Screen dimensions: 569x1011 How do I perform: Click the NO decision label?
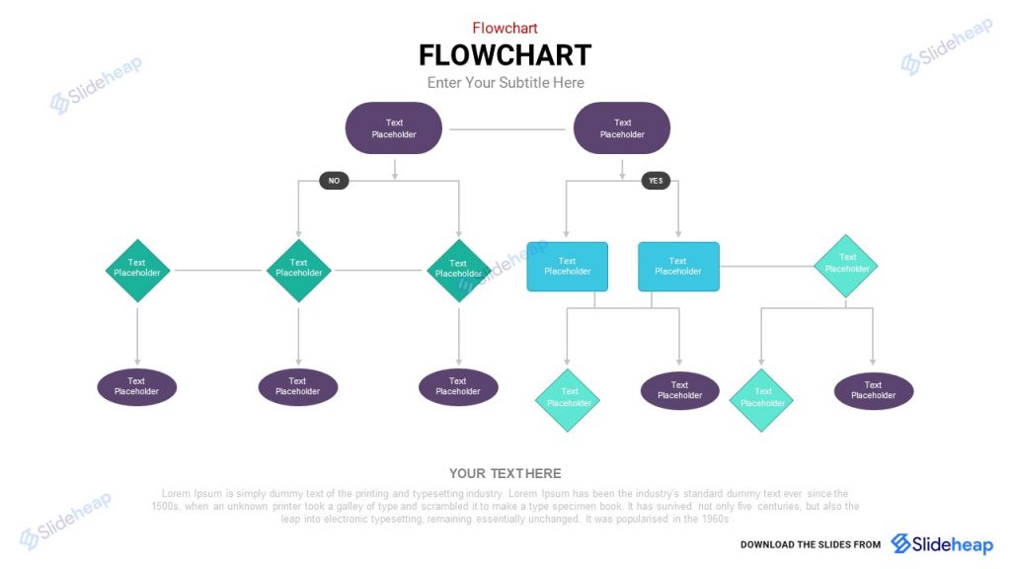[x=334, y=181]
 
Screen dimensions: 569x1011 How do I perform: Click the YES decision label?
[x=656, y=181]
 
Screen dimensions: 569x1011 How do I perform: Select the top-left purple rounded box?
[x=393, y=128]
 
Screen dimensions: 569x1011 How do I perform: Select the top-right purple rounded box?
[x=622, y=128]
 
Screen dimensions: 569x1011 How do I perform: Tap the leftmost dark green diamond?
[x=137, y=270]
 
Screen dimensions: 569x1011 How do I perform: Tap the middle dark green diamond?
[x=298, y=270]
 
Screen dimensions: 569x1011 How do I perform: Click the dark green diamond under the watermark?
[x=458, y=270]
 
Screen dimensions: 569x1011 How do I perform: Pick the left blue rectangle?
[x=567, y=267]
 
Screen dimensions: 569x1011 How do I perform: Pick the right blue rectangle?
[x=678, y=267]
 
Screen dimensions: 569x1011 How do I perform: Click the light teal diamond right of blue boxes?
[x=846, y=265]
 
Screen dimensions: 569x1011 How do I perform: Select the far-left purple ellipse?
[x=136, y=387]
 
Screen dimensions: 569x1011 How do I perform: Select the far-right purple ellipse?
[x=873, y=391]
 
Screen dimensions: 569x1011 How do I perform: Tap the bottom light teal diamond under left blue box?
[x=568, y=399]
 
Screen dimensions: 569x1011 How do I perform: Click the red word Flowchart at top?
[x=505, y=28]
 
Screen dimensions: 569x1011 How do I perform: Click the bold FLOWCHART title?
[x=505, y=54]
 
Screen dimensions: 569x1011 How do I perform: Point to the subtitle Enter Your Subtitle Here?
[x=505, y=83]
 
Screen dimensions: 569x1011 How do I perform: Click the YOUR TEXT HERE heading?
[x=505, y=474]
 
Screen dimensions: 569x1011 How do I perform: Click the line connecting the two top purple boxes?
[x=507, y=129]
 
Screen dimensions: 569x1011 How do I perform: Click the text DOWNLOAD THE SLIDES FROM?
[x=810, y=544]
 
